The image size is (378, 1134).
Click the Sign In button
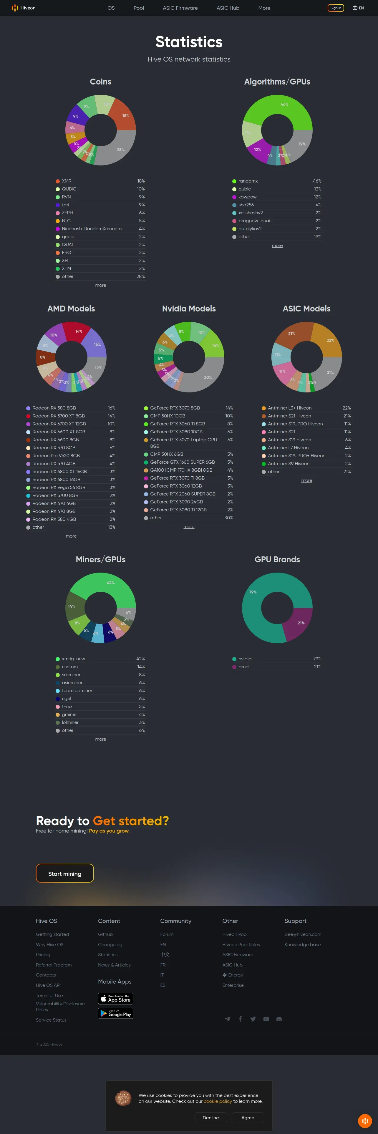coord(336,8)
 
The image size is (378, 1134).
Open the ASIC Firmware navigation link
coord(180,8)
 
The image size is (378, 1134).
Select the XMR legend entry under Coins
coord(67,181)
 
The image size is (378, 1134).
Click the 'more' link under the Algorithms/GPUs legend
coord(277,246)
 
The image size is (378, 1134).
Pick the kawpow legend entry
coord(247,197)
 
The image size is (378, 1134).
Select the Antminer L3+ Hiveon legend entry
coord(290,408)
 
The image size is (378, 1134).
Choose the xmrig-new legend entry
coord(73,659)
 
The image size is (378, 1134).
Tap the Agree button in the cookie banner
coord(248,1118)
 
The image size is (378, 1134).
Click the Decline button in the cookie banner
coord(210,1118)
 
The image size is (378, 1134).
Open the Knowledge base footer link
coord(302,945)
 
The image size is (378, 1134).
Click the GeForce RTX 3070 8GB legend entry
coord(175,408)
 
